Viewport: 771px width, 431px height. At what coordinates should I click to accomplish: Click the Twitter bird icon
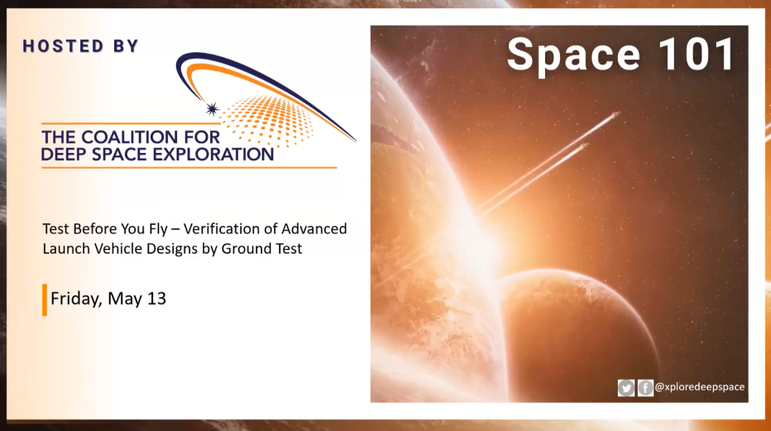coord(626,387)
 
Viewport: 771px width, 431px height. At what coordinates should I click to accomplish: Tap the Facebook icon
coord(645,387)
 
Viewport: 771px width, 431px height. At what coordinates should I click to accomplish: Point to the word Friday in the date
coord(75,299)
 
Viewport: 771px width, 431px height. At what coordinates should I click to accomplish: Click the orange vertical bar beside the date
coord(45,299)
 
